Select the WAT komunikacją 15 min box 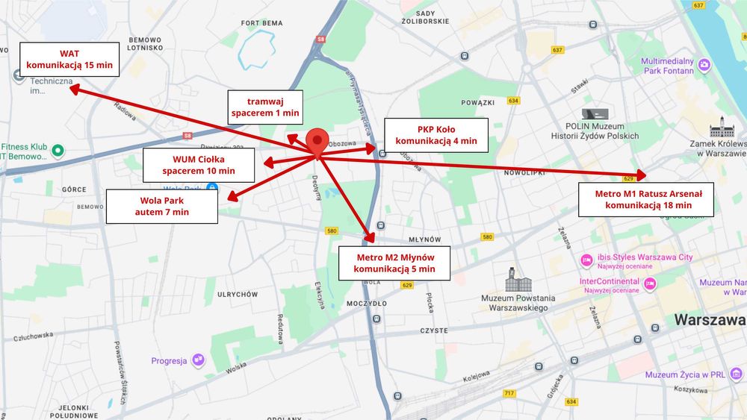pos(69,59)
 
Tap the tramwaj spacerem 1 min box pos(265,107)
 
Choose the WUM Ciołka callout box pos(198,165)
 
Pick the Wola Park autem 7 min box pos(162,206)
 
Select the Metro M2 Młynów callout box pos(394,263)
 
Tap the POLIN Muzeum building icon pos(595,114)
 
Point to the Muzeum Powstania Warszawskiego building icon pos(518,280)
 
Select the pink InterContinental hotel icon pos(650,284)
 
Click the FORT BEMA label pos(261,23)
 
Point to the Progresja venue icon pos(199,360)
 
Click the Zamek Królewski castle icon pos(722,127)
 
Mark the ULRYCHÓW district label pos(237,295)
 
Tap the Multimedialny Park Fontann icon pos(704,66)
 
